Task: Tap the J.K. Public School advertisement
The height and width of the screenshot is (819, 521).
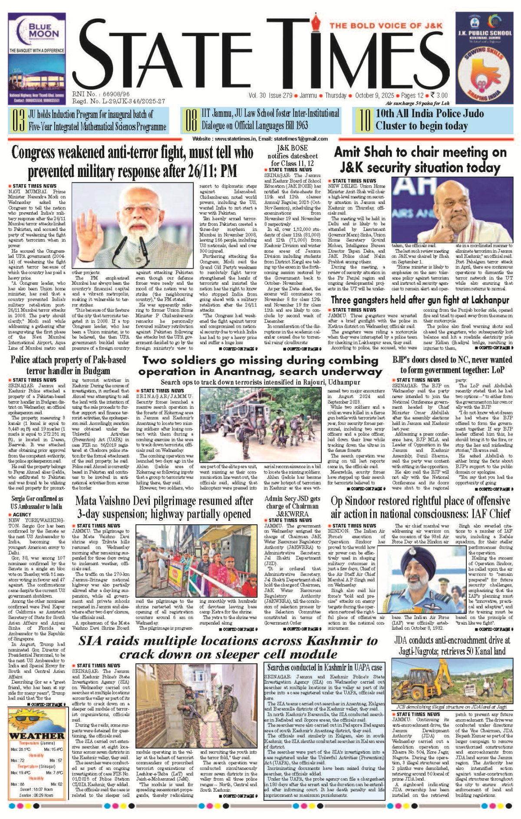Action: [484, 59]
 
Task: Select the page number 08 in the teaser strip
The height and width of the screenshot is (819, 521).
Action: [191, 120]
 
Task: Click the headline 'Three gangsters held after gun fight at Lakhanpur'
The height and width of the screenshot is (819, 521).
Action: [420, 300]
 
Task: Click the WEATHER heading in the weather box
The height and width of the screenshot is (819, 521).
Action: [37, 736]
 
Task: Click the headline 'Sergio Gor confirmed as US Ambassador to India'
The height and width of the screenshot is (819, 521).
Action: [37, 503]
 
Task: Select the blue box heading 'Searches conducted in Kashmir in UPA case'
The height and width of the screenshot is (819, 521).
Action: [324, 668]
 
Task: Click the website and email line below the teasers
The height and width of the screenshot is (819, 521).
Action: [260, 139]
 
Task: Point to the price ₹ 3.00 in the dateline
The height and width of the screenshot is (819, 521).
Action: [439, 95]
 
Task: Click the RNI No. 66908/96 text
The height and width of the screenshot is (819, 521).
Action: [101, 94]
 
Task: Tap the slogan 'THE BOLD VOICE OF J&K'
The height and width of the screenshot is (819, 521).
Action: [386, 26]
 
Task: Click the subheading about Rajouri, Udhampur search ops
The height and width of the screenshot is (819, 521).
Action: [260, 382]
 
